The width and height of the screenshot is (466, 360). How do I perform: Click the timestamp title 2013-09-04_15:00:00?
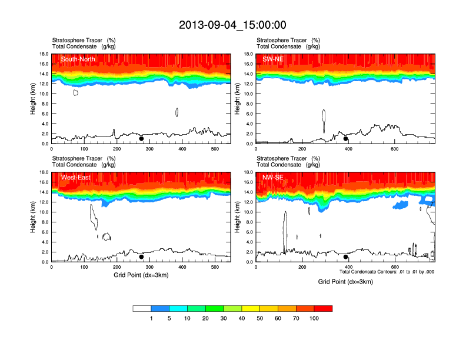click(x=232, y=25)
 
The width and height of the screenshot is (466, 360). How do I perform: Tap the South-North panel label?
click(x=78, y=59)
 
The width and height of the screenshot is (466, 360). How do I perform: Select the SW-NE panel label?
click(x=273, y=59)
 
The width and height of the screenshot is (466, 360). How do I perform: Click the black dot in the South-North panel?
click(x=141, y=139)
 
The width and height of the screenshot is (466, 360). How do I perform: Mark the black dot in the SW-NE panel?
click(x=346, y=139)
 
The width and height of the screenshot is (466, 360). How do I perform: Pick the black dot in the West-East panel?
click(x=141, y=257)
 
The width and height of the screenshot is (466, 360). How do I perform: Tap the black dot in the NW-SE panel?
click(x=346, y=257)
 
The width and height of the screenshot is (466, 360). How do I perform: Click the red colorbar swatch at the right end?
click(x=323, y=308)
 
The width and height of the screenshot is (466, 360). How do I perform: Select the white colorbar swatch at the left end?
click(x=142, y=308)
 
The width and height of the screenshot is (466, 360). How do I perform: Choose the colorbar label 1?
click(x=151, y=318)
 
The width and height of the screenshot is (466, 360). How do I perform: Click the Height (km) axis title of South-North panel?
click(x=34, y=99)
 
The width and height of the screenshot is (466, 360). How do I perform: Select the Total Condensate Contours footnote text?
click(x=387, y=271)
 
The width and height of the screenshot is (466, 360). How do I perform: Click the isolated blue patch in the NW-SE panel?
click(x=401, y=205)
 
